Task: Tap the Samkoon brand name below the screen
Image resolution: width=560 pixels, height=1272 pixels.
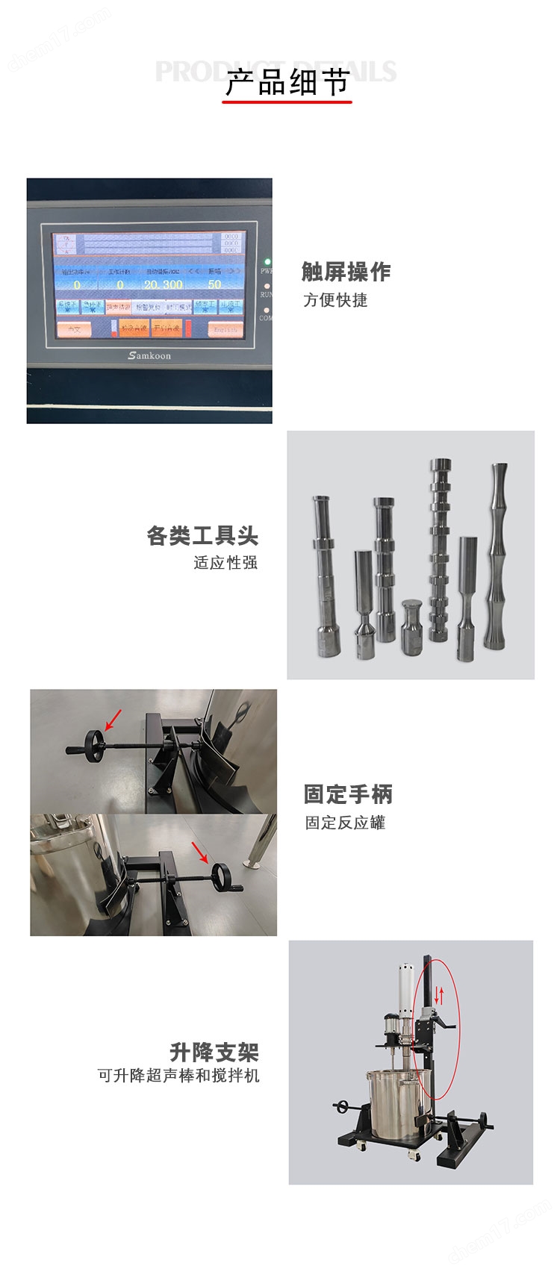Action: coord(149,355)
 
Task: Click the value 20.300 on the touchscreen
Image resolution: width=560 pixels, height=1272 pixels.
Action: coord(164,284)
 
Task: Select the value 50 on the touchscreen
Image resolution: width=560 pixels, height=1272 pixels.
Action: coord(215,284)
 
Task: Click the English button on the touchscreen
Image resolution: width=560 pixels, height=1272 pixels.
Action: coord(225,329)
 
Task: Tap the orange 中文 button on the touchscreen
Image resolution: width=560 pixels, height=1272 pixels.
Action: coord(74,329)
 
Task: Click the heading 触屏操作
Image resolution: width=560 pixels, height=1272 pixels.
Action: coord(346,272)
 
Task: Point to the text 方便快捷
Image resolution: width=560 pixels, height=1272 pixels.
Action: coord(335,300)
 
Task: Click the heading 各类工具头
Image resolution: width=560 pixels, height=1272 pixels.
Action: coord(202,535)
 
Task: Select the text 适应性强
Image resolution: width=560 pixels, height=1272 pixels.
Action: coord(225,562)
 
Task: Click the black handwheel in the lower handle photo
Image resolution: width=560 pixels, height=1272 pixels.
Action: coord(223,875)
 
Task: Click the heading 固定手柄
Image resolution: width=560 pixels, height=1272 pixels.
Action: coord(348,794)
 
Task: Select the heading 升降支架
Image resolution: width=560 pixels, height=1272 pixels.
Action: coord(214,1053)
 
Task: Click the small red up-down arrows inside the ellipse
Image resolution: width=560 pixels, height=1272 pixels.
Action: coord(440,994)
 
